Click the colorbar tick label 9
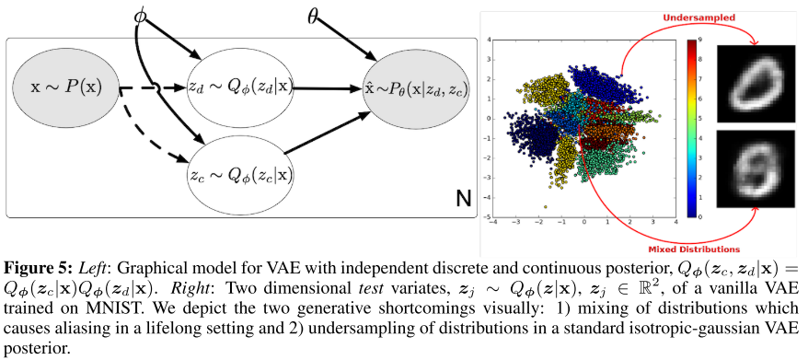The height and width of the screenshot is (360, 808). click(702, 40)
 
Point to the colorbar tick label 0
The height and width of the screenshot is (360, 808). click(702, 216)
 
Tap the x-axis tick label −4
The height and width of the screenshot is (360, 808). click(495, 224)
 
